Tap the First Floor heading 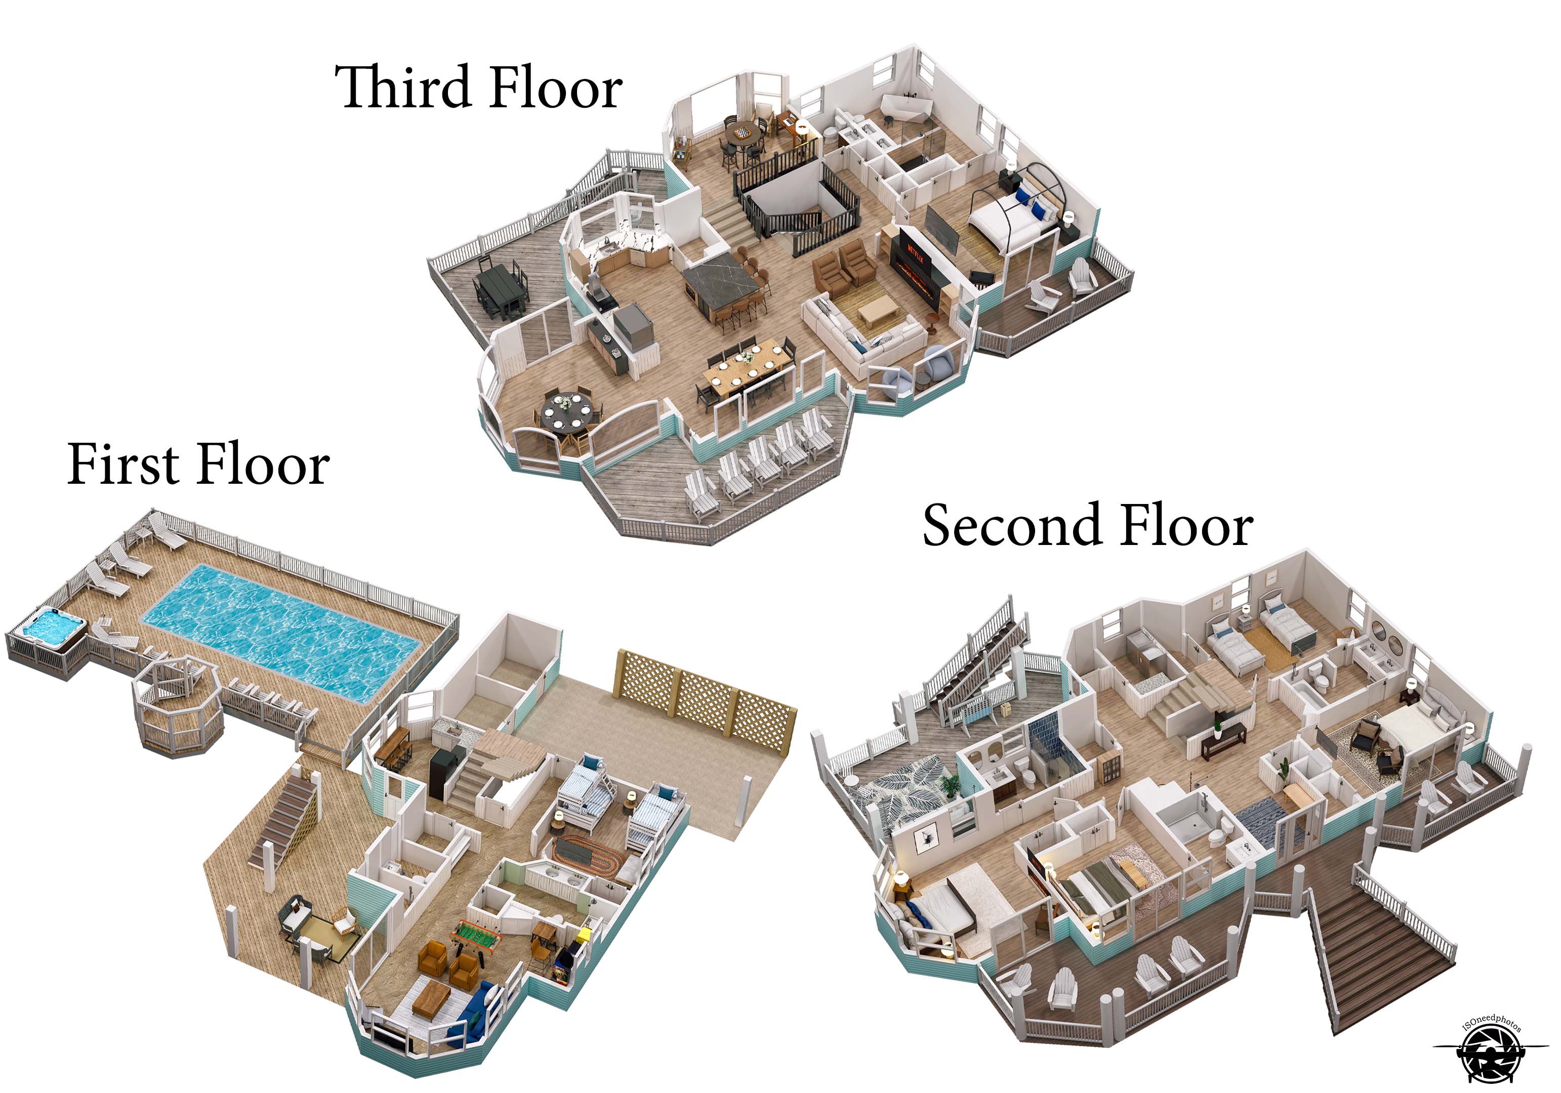(198, 465)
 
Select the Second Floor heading (1087, 526)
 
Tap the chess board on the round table (743, 131)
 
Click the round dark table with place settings (566, 411)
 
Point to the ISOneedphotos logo (1489, 1052)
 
